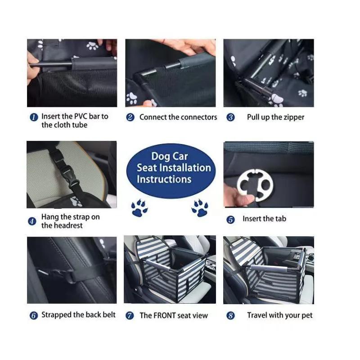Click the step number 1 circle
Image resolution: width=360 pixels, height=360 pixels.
[x=34, y=117]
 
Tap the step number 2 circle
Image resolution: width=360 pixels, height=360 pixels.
[x=130, y=117]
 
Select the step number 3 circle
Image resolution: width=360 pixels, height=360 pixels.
[x=230, y=117]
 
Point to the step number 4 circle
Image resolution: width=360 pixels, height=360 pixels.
[x=32, y=221]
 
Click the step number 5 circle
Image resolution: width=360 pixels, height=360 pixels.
[x=230, y=220]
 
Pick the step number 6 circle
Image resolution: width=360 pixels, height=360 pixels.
[x=33, y=315]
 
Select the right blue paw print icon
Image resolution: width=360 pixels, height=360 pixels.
[x=199, y=208]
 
